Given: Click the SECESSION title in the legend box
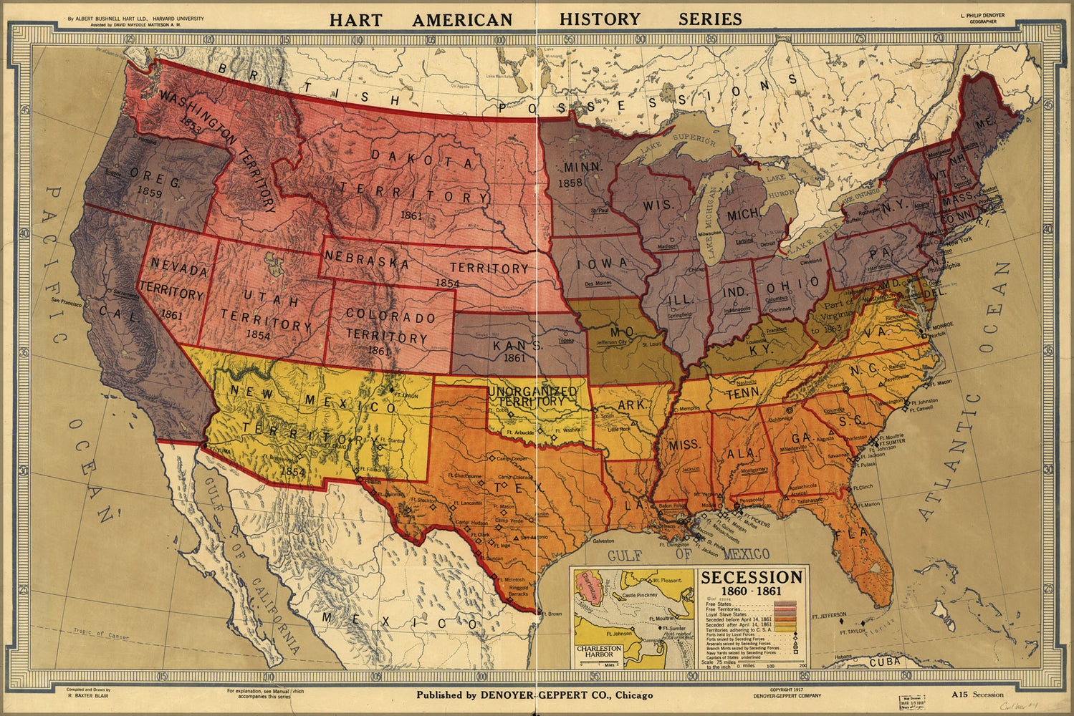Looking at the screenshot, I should pos(752,577).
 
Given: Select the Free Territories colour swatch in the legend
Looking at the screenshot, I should pos(785,609).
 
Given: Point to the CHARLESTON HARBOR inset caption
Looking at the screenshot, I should pos(600,652).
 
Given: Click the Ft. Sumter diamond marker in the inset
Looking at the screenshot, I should pos(659,628).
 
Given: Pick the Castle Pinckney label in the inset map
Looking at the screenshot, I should pos(639,595).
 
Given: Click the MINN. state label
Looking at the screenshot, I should pos(580,167).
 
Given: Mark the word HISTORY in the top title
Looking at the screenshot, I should pos(600,19).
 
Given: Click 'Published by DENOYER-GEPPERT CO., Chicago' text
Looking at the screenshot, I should pos(534,695).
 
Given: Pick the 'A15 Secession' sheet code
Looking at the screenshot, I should pos(977,694).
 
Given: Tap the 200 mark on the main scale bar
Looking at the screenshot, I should pos(801,665).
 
